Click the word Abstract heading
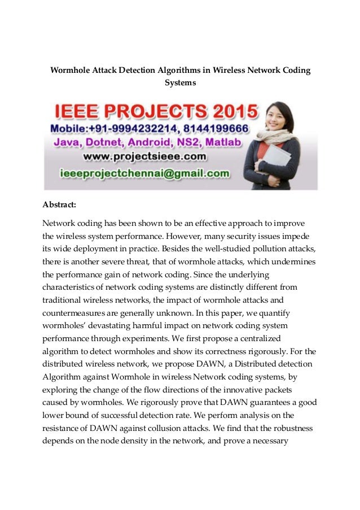(60, 204)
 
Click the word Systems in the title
(180, 82)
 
